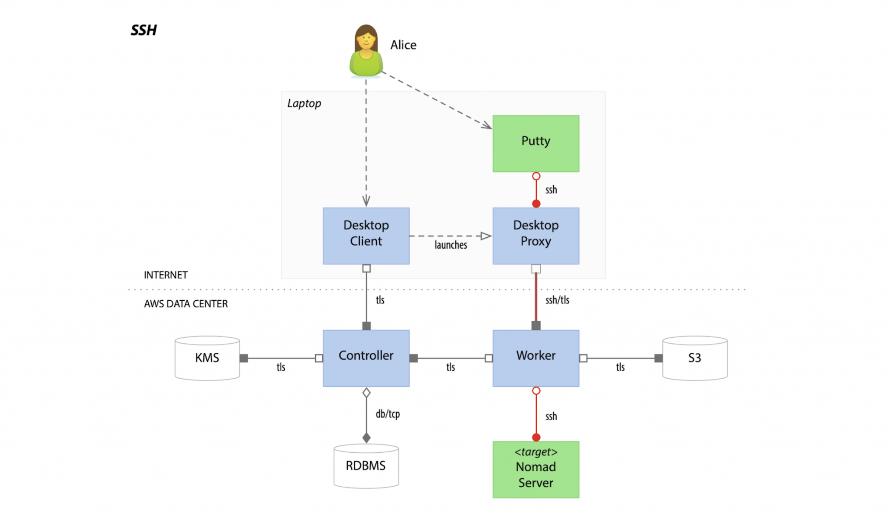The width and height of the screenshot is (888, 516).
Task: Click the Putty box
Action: click(x=536, y=144)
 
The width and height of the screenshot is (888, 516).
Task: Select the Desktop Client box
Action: click(x=366, y=236)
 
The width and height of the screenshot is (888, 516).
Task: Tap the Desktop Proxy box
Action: click(x=536, y=236)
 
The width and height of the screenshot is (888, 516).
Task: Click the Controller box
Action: click(x=366, y=358)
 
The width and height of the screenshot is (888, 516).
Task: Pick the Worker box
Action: click(x=536, y=358)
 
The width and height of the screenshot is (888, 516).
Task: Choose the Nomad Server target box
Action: click(x=536, y=470)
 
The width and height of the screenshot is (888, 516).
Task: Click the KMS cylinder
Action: click(x=207, y=358)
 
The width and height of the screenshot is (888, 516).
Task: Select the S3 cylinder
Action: click(x=695, y=358)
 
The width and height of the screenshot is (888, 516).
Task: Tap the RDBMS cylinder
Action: click(x=366, y=466)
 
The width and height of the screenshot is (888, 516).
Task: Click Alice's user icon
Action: click(x=366, y=51)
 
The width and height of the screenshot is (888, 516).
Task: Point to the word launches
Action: click(x=451, y=245)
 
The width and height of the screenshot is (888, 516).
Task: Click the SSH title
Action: click(x=144, y=30)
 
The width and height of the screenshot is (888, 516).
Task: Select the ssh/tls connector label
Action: click(x=557, y=300)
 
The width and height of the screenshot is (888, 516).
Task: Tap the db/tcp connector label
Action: click(x=388, y=414)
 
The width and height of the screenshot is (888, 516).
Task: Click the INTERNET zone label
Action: click(x=166, y=275)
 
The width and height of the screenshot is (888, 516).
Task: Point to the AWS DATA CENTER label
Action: click(x=186, y=304)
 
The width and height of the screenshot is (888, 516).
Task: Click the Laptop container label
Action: click(x=304, y=104)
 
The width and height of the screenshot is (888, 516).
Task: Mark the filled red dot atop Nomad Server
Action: click(x=536, y=437)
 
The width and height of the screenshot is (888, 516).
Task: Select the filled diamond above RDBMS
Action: click(x=366, y=437)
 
